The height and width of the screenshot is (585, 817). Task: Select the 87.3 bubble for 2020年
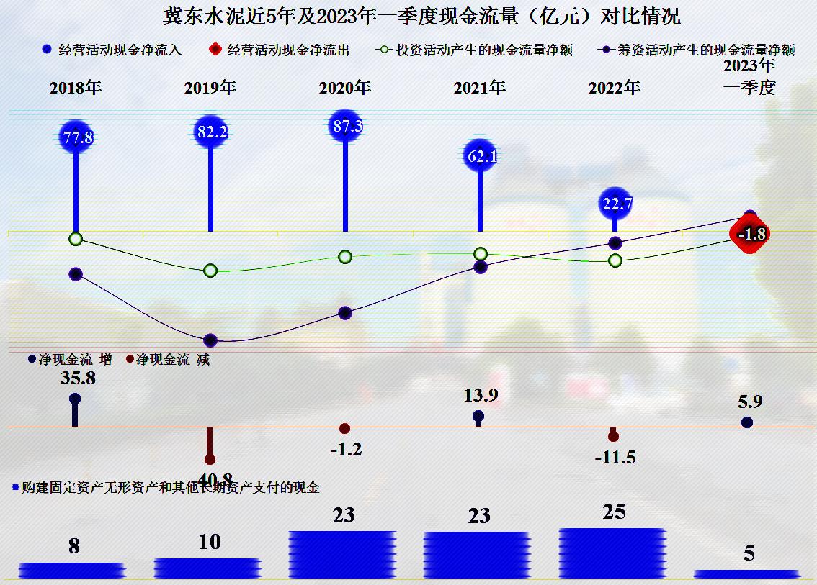345,126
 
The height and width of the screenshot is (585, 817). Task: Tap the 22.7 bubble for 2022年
616,204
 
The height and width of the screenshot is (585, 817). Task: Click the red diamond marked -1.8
750,233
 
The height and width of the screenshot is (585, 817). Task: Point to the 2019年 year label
210,88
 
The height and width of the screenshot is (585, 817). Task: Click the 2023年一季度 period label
749,77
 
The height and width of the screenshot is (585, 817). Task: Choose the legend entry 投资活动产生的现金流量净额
475,50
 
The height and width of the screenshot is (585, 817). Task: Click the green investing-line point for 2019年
210,271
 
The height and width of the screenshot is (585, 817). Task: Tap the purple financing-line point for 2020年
345,313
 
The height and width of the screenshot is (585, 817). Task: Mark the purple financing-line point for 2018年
76,273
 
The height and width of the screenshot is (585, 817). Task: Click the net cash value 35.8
79,378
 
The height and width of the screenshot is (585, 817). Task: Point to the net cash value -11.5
615,457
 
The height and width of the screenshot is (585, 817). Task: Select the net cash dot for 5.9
747,422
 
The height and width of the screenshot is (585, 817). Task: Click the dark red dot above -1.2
345,429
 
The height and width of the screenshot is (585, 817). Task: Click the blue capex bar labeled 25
613,552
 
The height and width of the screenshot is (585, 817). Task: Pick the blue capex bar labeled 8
73,570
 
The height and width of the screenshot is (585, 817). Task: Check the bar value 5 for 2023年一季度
749,553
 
